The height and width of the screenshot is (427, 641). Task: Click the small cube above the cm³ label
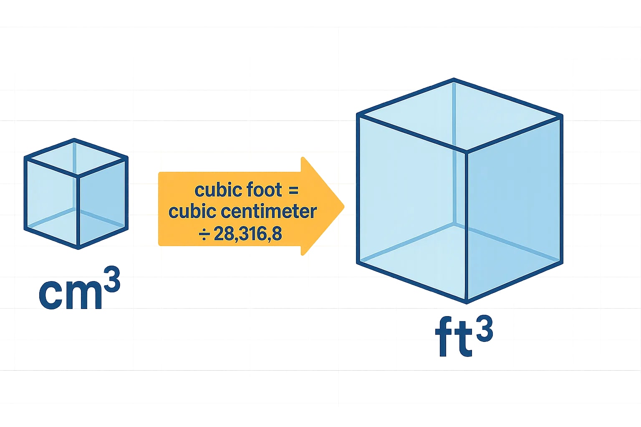tap(76, 194)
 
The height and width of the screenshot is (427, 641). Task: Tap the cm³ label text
tap(79, 289)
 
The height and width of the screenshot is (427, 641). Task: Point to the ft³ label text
tap(464, 336)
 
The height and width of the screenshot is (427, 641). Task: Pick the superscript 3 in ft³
tap(484, 328)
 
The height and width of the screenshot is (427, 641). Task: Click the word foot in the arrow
tap(264, 190)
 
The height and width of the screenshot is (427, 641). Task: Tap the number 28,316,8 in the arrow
tap(248, 234)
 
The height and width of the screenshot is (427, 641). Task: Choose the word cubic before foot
tap(218, 190)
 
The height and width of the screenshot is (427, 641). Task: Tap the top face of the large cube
tap(459, 114)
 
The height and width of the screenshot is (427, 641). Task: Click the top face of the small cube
tap(76, 158)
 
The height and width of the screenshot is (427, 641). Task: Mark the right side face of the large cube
tap(513, 208)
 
